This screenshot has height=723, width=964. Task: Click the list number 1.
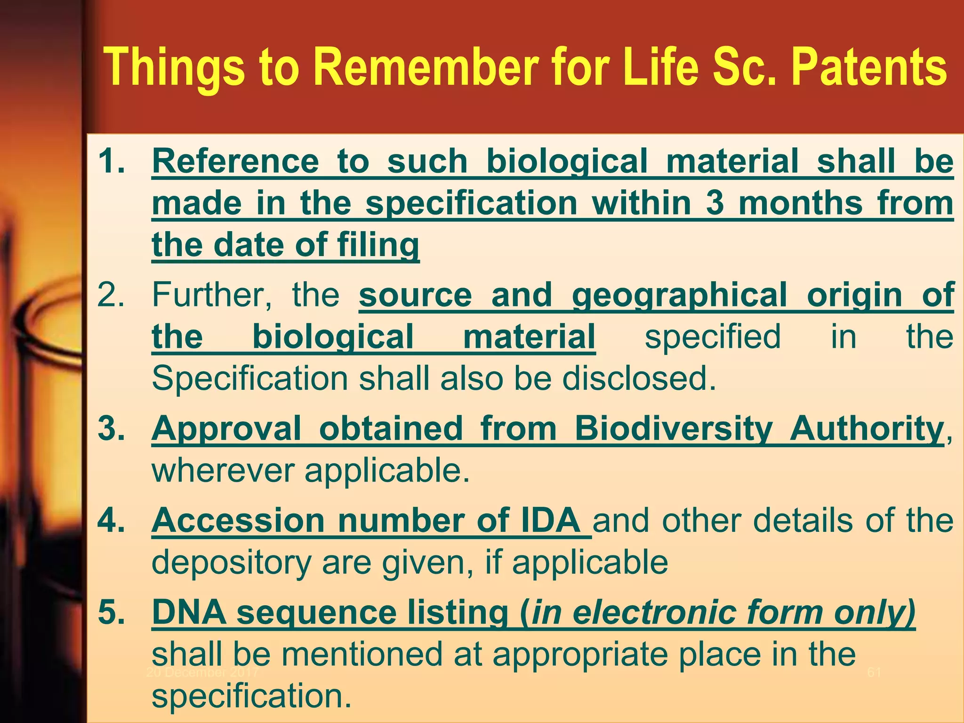point(111,161)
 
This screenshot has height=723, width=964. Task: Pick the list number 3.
point(111,428)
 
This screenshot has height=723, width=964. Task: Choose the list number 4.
point(111,520)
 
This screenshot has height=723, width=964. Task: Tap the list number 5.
point(111,612)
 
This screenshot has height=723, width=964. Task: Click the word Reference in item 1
point(235,161)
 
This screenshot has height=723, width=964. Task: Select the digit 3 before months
point(715,203)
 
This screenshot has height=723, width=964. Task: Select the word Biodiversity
point(674,428)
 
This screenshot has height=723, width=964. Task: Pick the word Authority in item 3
point(867,428)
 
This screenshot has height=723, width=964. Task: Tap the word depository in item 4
point(231,562)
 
